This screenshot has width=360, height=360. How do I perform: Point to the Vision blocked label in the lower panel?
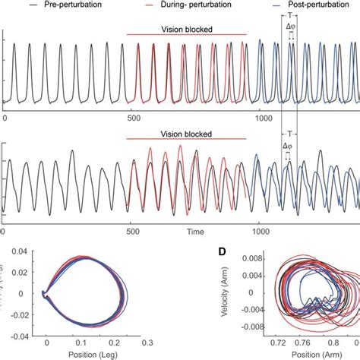(x=186, y=134)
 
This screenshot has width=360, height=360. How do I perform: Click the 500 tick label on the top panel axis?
(x=133, y=118)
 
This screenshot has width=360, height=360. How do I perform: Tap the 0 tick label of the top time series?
(x=5, y=118)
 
